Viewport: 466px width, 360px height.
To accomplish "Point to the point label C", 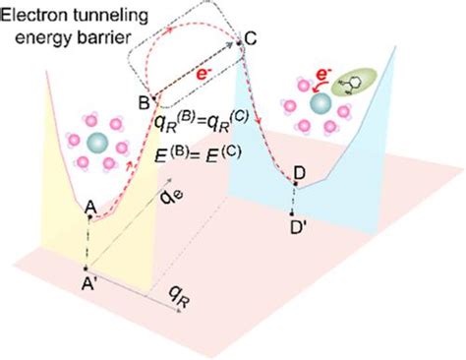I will pyautogui.click(x=251, y=39).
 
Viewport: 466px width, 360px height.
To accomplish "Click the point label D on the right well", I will pyautogui.click(x=300, y=173).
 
